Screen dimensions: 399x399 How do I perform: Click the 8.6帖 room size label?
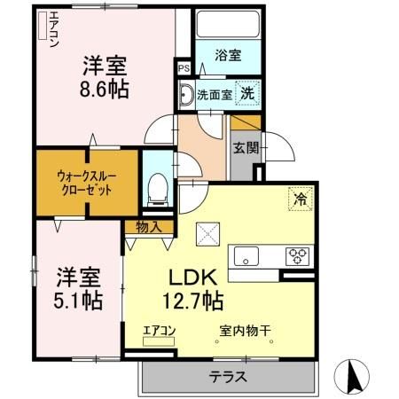105,90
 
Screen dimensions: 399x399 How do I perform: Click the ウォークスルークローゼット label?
86,182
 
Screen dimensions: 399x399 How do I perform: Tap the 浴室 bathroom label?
229,55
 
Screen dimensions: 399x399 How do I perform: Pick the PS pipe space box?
183,67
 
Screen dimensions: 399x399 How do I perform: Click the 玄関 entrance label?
246,148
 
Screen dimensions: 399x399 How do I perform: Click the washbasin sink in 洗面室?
187,93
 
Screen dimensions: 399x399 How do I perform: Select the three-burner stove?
295,256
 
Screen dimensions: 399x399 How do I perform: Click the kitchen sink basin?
246,257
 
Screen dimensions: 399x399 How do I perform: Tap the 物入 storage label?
148,227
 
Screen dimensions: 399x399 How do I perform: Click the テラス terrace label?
228,377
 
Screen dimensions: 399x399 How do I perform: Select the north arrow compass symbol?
354,377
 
